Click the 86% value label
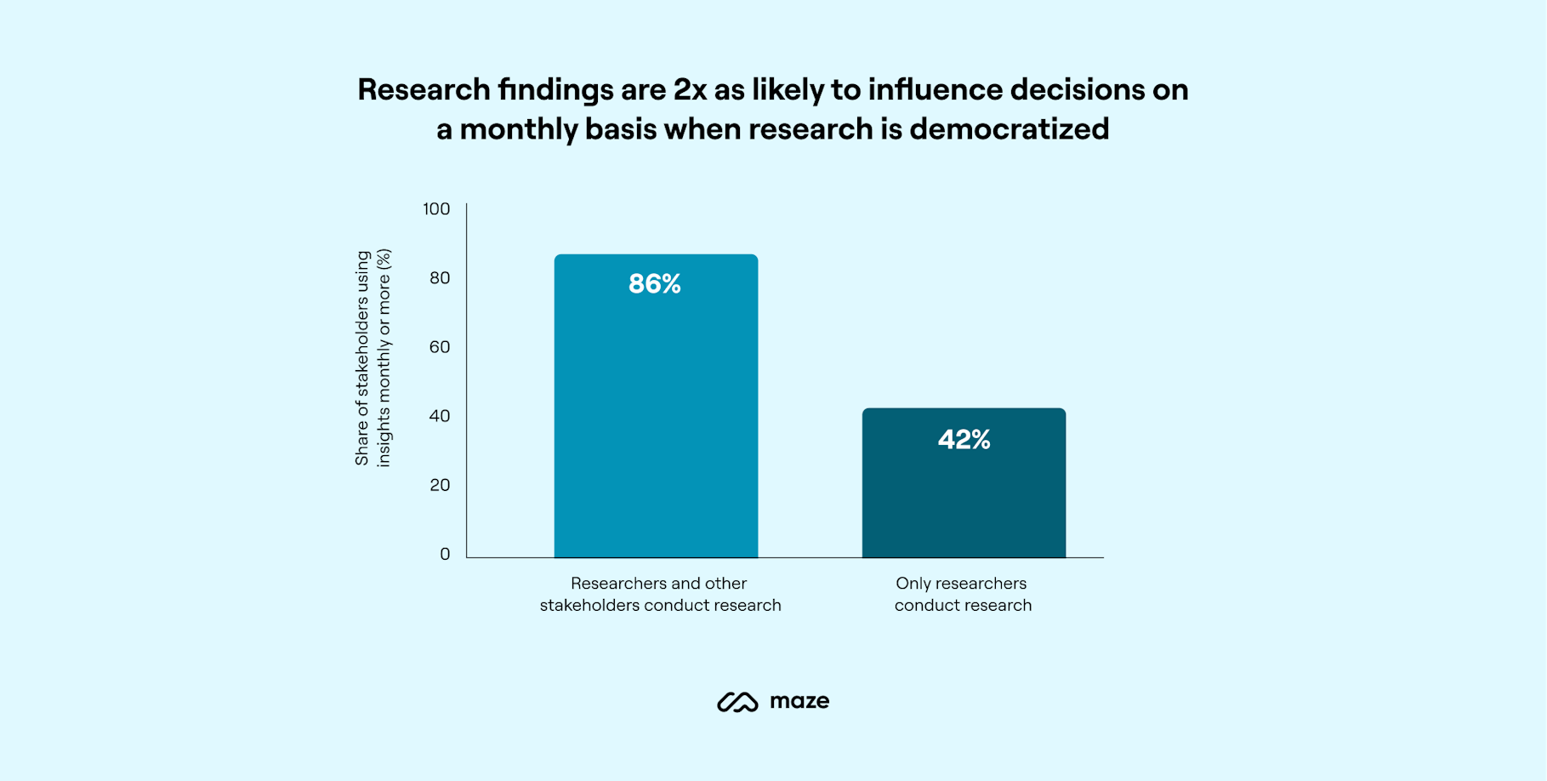654,284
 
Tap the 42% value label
964,440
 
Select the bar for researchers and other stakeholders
656,425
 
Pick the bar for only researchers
964,502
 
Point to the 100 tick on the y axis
436,209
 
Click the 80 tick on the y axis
439,278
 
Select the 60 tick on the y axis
439,347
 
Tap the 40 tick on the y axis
439,416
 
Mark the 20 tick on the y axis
439,485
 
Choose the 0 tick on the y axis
445,555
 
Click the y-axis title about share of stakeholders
373,358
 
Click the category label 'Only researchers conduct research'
962,594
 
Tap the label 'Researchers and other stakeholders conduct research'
660,594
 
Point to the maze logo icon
737,702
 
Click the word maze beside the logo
799,701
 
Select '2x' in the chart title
690,89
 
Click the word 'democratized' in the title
1009,129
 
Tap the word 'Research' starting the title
424,89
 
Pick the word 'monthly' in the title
519,129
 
